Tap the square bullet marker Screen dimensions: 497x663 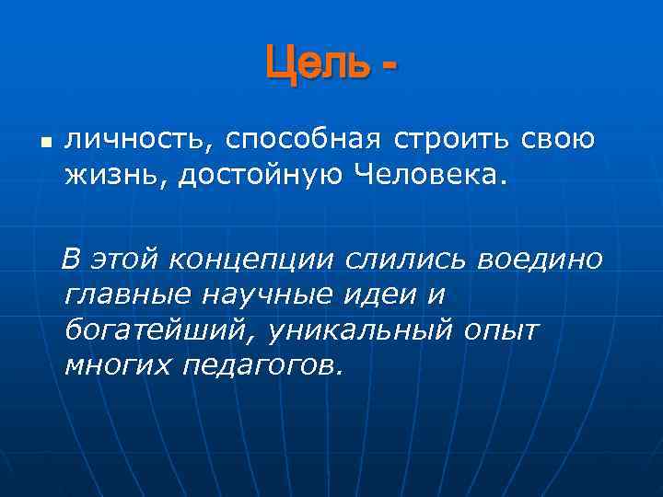46,144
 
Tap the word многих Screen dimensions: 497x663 117,365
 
